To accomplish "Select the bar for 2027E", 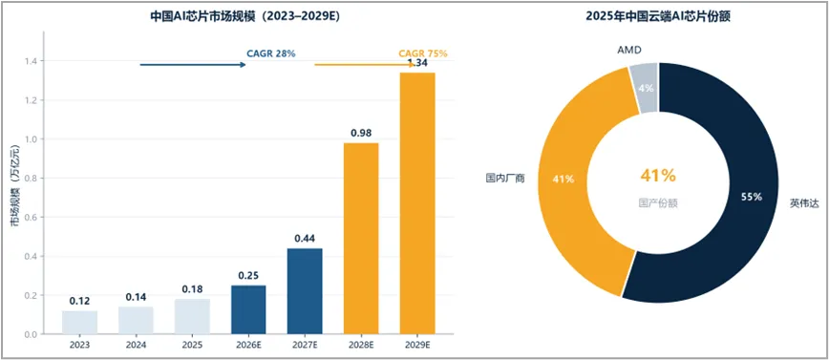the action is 305,290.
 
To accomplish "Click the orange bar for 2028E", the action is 361,239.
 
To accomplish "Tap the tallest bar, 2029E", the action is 417,203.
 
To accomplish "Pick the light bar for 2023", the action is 79,322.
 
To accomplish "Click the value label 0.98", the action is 361,134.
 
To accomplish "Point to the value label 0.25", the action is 248,276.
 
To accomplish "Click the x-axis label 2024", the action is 136,345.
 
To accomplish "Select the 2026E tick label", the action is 248,345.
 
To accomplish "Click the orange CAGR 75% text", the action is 422,53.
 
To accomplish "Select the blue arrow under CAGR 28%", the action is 193,65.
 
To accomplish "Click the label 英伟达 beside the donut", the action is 804,202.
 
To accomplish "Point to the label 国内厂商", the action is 505,179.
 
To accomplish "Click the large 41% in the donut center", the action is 658,176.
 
